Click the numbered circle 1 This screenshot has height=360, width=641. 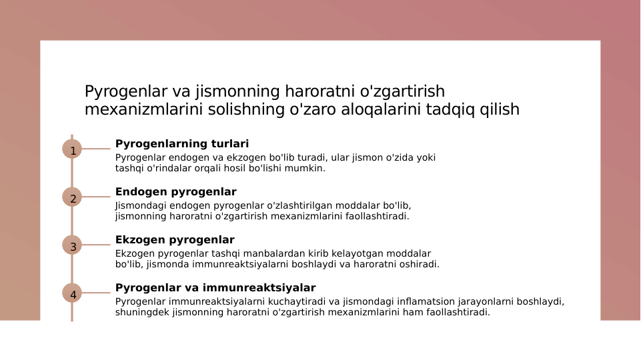[x=72, y=149]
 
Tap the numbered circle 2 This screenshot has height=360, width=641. [x=72, y=197]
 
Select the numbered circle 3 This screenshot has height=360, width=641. [x=72, y=245]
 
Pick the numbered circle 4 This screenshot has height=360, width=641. [x=72, y=293]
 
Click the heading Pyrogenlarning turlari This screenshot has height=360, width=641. [x=182, y=143]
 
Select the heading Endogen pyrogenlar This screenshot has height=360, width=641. [x=175, y=191]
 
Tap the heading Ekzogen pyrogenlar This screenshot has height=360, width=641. [x=175, y=239]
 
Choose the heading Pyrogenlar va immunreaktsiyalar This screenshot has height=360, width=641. [x=215, y=287]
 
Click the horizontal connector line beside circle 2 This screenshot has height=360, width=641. [x=96, y=197]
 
